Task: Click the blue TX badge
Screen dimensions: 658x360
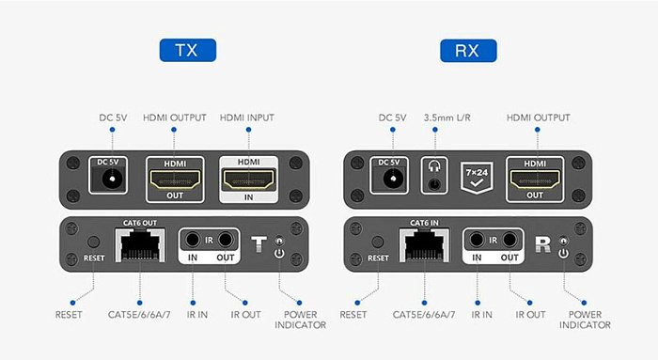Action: click(x=188, y=51)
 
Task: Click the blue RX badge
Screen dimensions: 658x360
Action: click(x=468, y=51)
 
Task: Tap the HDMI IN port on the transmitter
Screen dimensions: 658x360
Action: click(x=248, y=180)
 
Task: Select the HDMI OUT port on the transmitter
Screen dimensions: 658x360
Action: click(x=175, y=180)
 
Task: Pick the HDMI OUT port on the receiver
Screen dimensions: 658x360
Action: click(x=535, y=180)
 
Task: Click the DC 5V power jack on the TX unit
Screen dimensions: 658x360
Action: click(x=112, y=180)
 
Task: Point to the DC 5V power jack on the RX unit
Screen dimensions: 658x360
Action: click(x=393, y=180)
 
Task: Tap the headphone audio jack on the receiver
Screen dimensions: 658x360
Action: click(x=434, y=184)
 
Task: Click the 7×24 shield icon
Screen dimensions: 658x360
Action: click(x=477, y=178)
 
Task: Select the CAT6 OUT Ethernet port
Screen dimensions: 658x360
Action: click(x=140, y=245)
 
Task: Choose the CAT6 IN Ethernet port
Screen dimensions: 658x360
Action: click(x=424, y=245)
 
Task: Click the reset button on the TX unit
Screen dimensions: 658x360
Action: click(x=93, y=242)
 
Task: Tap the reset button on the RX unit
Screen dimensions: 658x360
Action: click(x=378, y=242)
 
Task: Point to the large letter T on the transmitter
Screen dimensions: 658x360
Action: click(x=258, y=244)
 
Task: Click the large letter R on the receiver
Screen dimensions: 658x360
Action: click(x=543, y=244)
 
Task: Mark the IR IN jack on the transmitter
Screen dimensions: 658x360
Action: click(x=193, y=240)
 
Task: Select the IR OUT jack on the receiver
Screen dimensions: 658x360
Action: click(x=509, y=240)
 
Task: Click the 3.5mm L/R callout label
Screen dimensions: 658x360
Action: click(x=446, y=117)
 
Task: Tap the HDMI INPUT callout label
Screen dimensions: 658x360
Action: click(x=247, y=117)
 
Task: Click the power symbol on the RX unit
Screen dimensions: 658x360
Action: click(x=563, y=254)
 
